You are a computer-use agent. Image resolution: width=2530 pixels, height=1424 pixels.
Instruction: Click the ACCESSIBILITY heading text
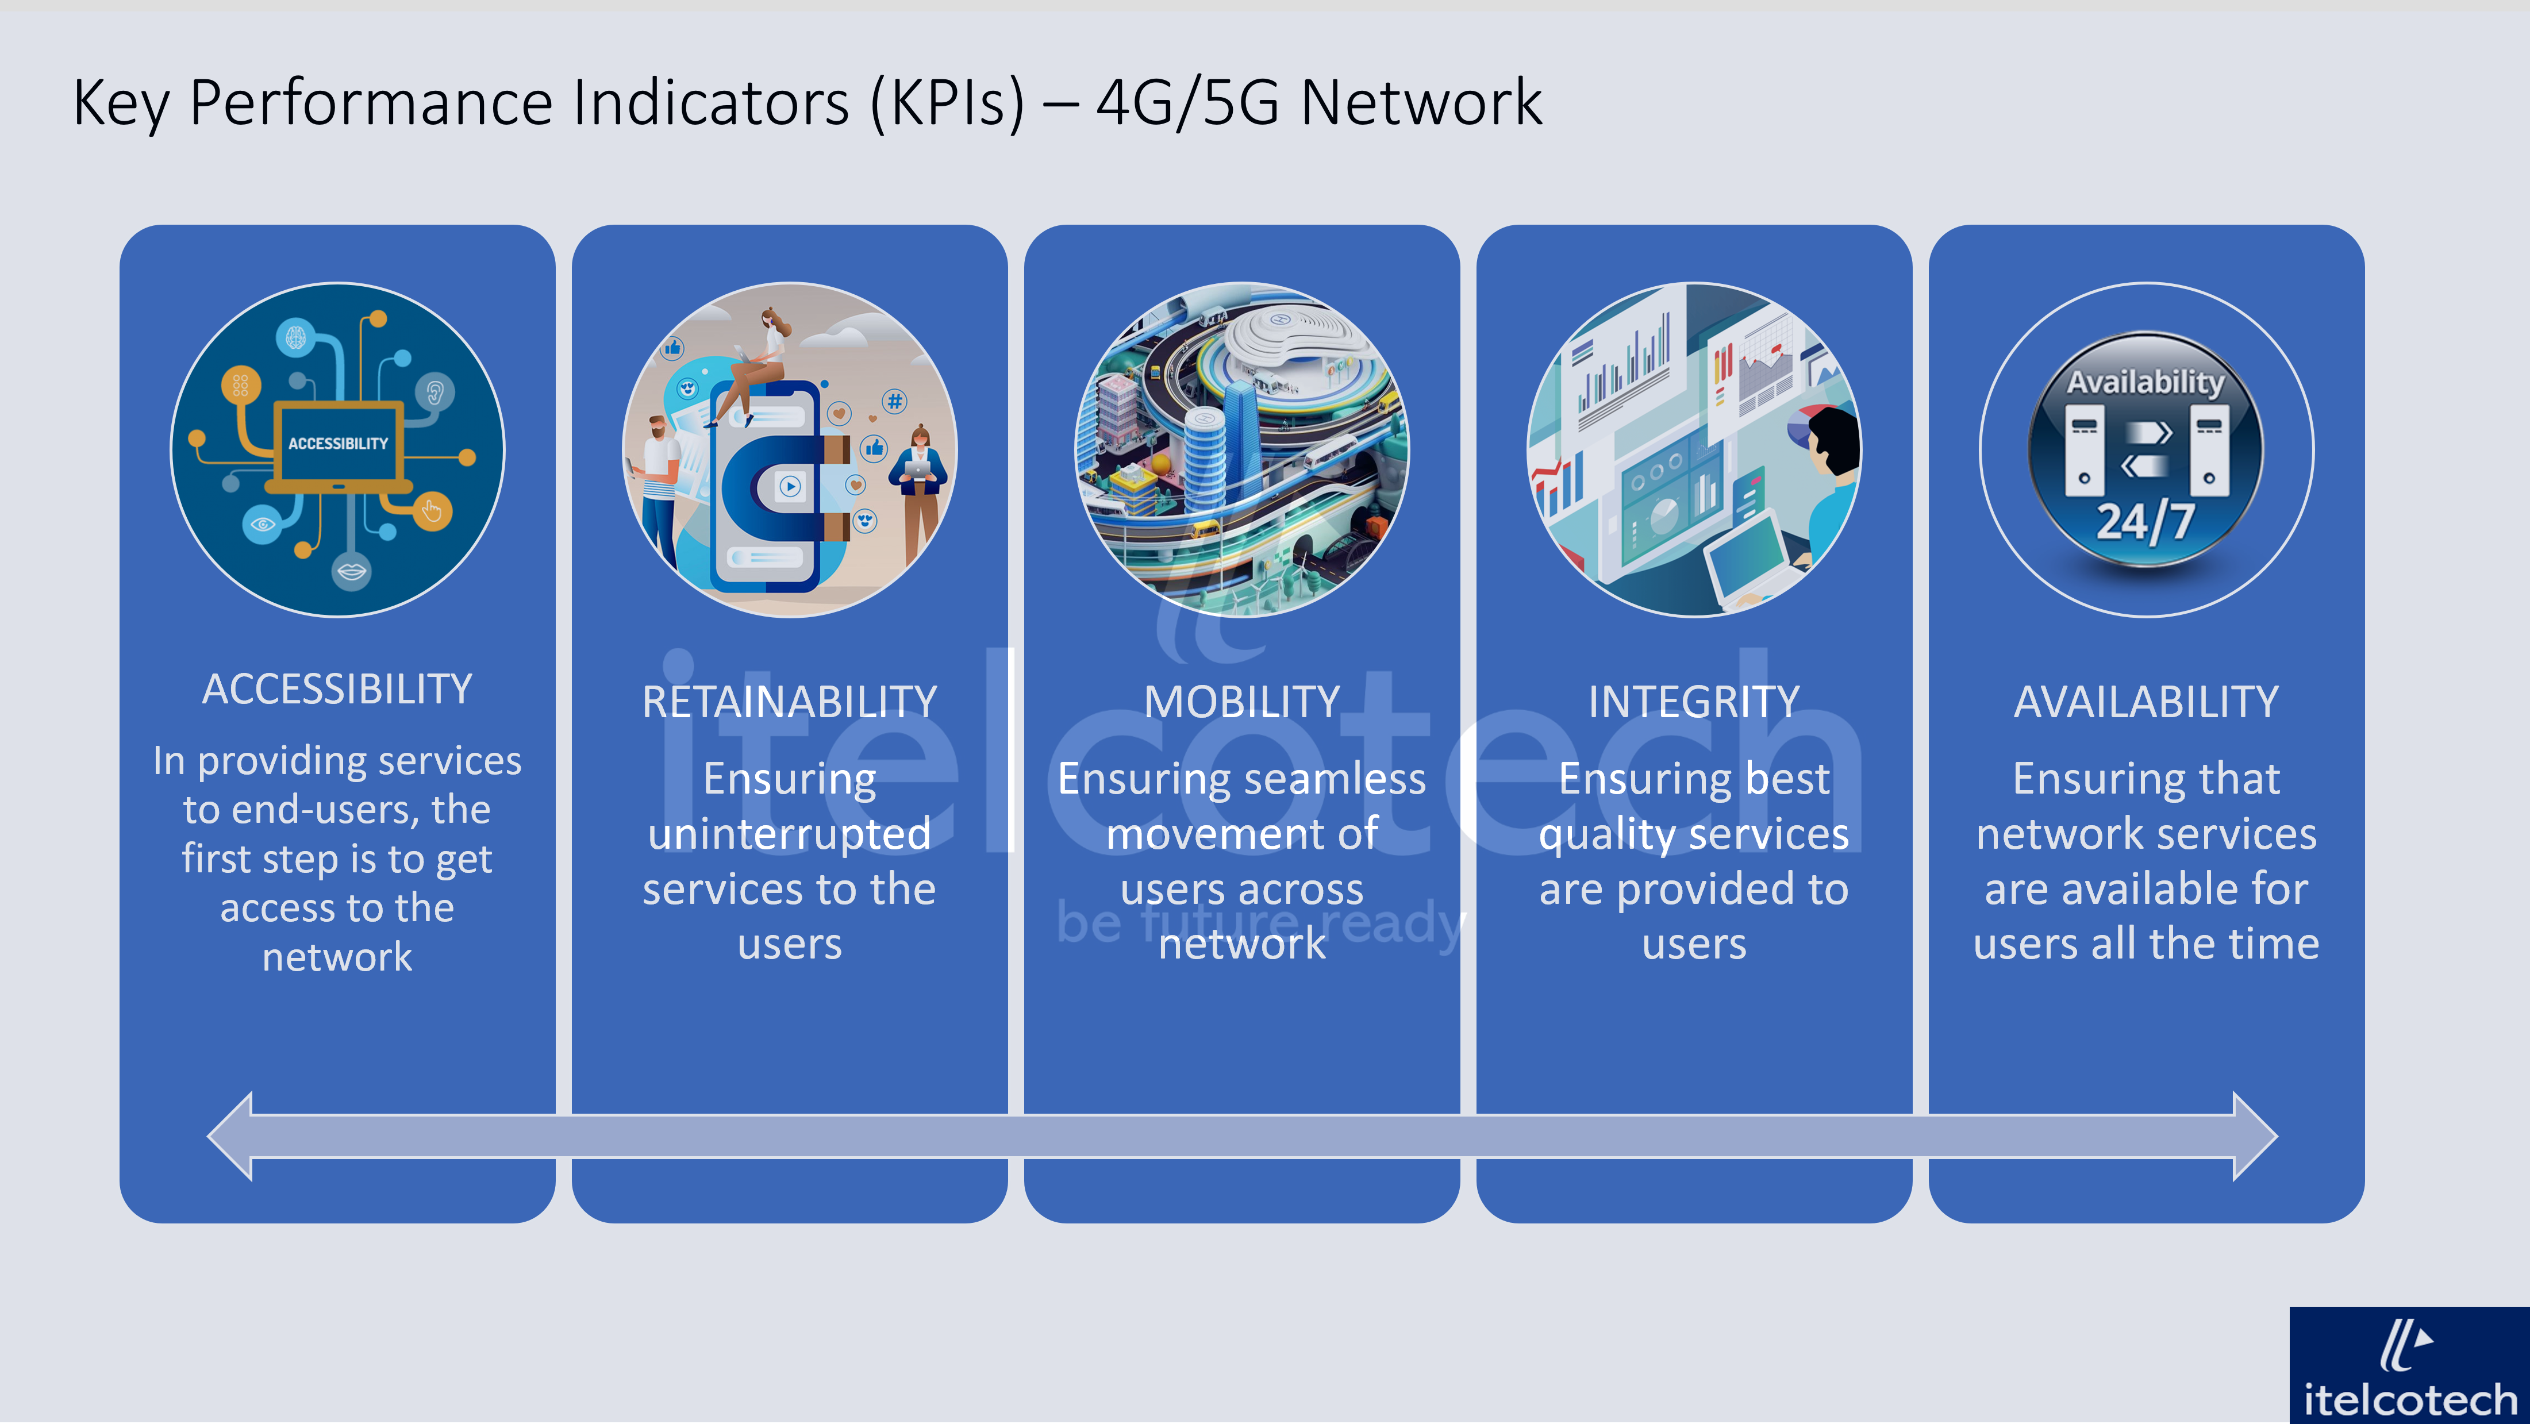pyautogui.click(x=337, y=690)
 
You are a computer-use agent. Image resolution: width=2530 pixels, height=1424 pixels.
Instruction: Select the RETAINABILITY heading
pyautogui.click(x=790, y=702)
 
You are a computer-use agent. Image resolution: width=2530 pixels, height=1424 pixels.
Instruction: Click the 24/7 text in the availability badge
pyautogui.click(x=2145, y=521)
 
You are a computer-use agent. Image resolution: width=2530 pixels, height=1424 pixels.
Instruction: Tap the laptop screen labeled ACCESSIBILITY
pyautogui.click(x=338, y=444)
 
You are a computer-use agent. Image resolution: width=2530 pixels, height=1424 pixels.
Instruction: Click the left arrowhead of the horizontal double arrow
pyautogui.click(x=232, y=1136)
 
